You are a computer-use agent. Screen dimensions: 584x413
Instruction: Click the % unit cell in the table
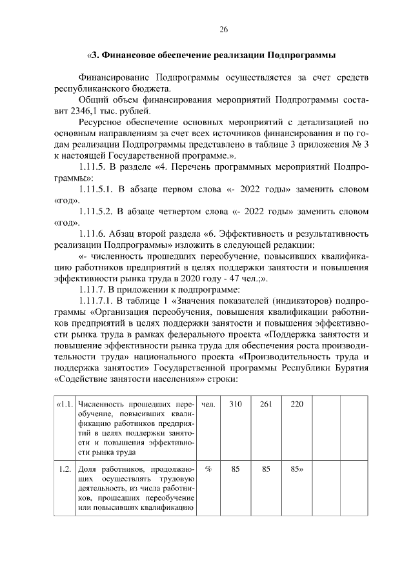(x=208, y=470)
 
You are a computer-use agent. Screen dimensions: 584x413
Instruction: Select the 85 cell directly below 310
(x=236, y=470)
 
